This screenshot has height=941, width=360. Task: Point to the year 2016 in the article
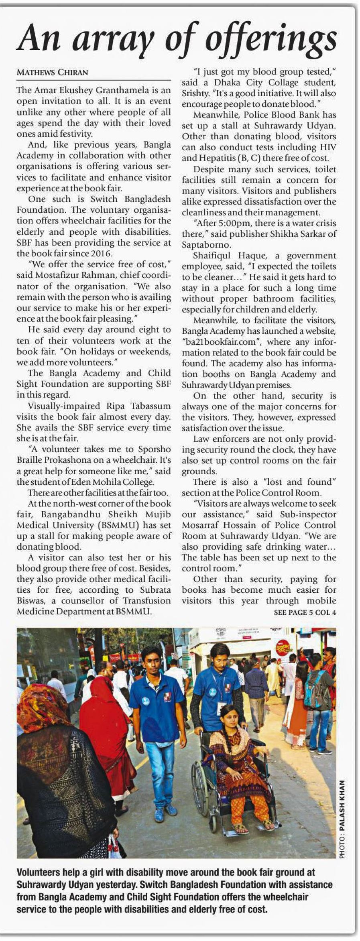click(102, 254)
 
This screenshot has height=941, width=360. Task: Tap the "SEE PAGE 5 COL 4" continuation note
click(305, 612)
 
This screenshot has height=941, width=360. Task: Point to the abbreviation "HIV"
click(328, 147)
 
